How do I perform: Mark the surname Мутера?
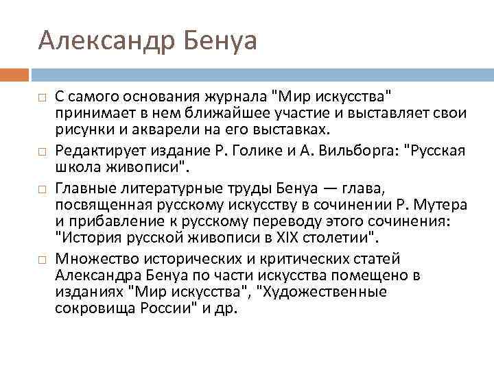click(441, 204)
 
